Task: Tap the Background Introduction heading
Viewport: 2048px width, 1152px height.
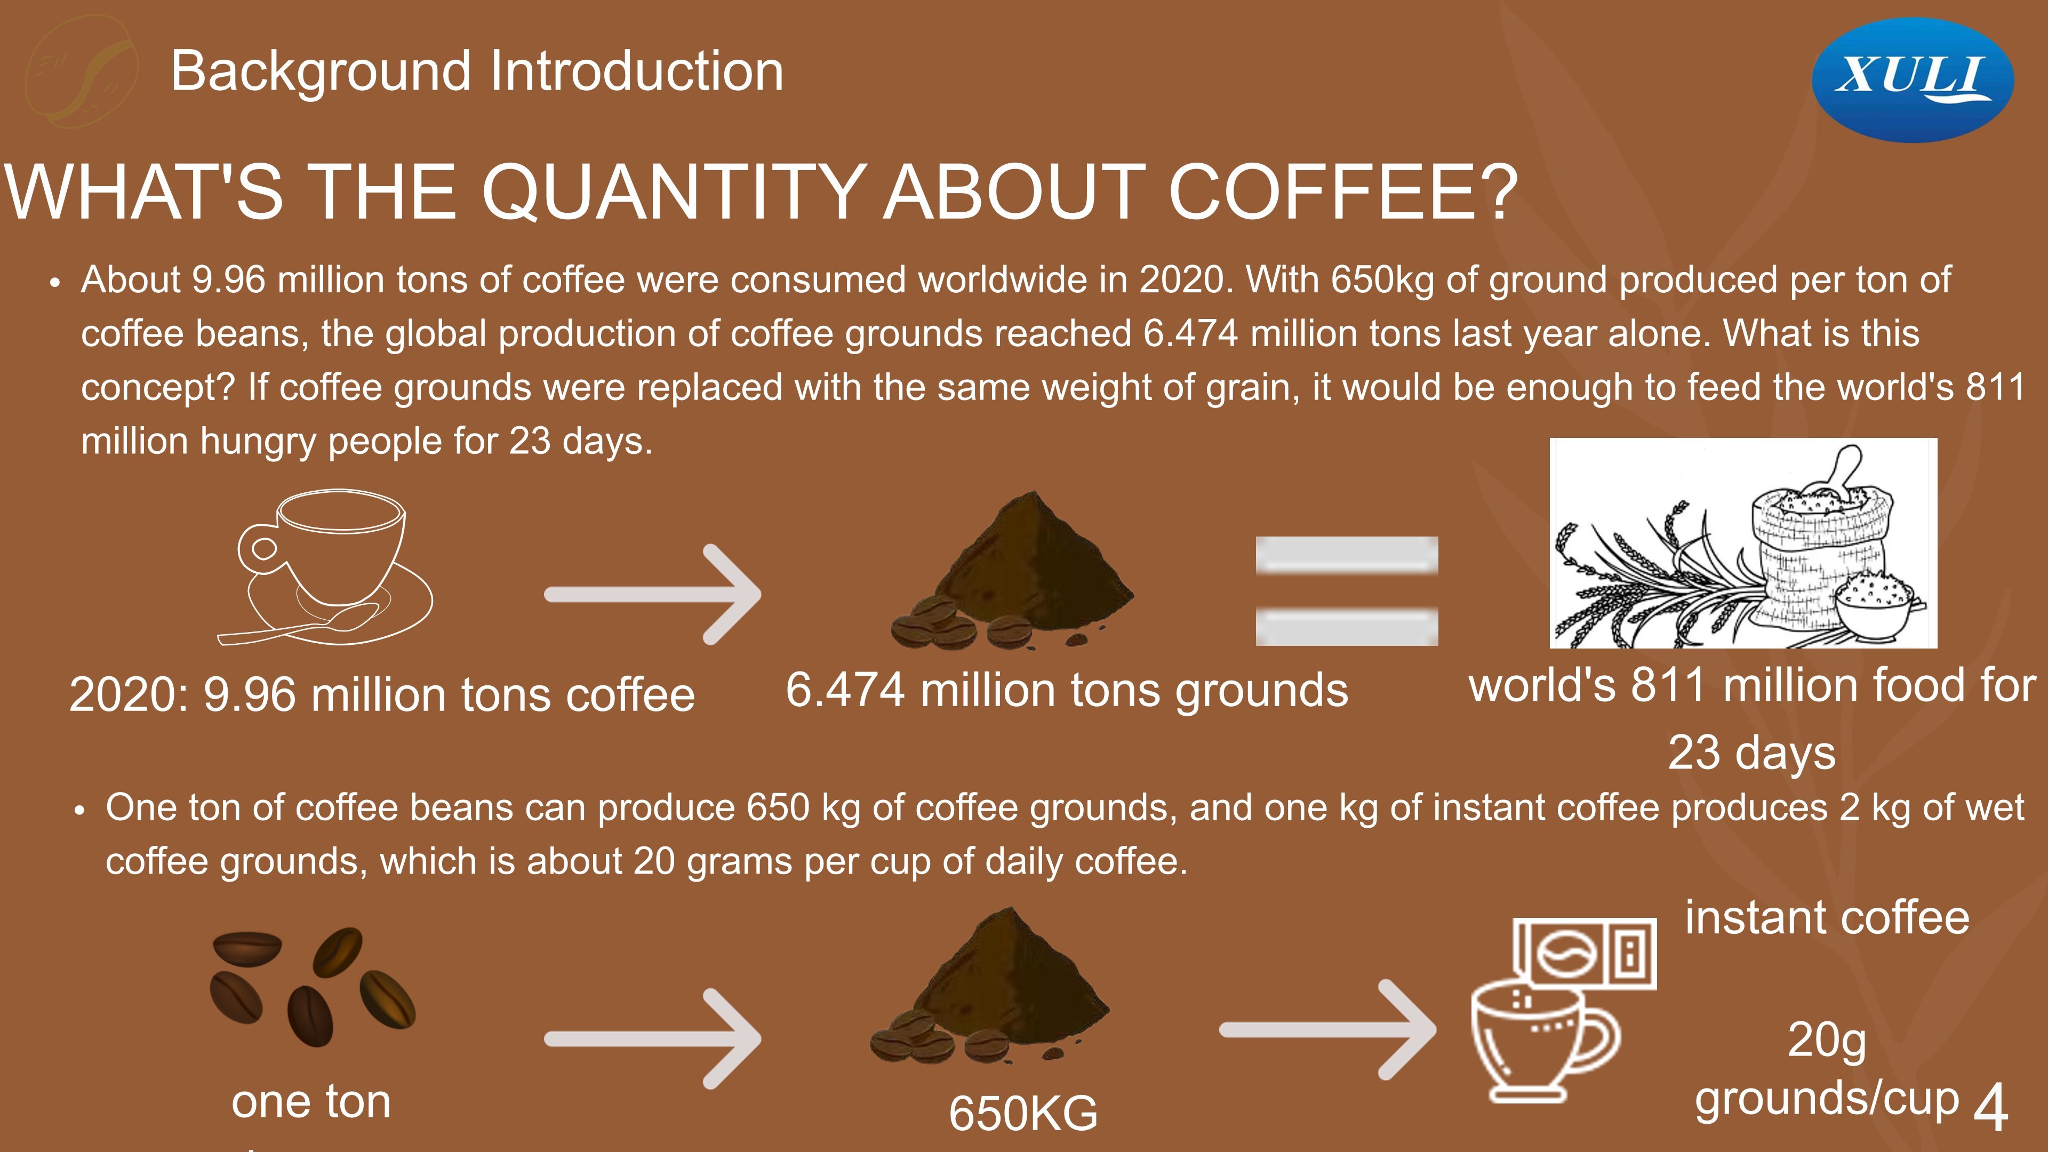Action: point(477,71)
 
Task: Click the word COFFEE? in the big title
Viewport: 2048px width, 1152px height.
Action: point(1343,193)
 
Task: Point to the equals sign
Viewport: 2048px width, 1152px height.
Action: point(1347,591)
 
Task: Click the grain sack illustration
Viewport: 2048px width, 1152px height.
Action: point(1743,543)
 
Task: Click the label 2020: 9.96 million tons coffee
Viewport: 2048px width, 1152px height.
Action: point(382,694)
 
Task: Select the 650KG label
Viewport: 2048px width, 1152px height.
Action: point(1023,1112)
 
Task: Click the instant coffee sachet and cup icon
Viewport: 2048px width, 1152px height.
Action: point(1564,1010)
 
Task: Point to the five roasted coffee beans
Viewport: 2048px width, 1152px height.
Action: point(313,987)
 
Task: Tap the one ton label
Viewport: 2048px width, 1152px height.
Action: point(311,1102)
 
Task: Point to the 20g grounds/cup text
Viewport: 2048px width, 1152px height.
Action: point(1827,1069)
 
